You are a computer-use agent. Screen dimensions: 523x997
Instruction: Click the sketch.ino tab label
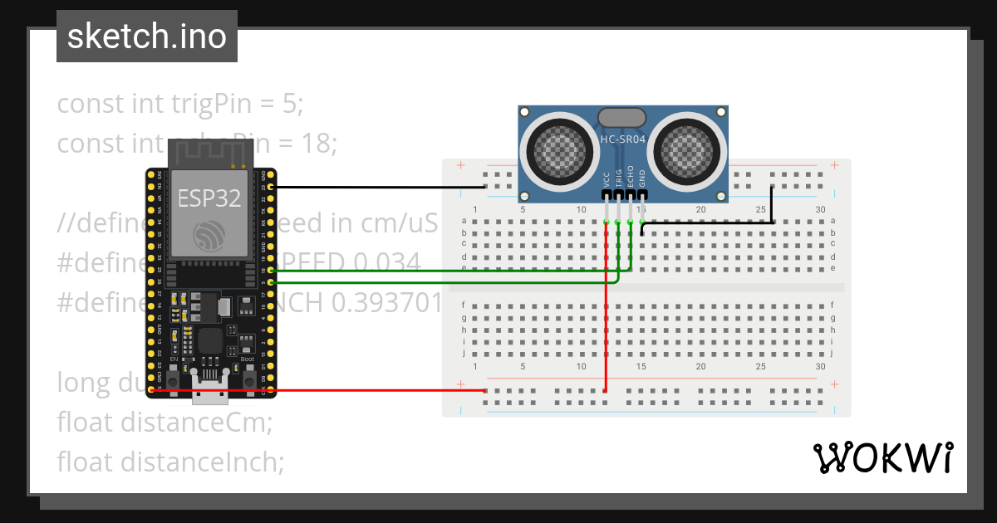coord(146,37)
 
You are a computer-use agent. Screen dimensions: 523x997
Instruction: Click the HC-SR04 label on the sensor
coord(622,140)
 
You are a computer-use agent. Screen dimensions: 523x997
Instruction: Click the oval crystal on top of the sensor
coord(622,118)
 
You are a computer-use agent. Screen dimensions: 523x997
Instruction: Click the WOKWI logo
coord(882,458)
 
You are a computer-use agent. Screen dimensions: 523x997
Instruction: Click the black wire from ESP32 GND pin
coord(374,188)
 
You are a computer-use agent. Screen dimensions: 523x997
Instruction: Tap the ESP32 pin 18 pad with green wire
coord(271,271)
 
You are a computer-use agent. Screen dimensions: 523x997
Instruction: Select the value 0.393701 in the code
coord(387,303)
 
